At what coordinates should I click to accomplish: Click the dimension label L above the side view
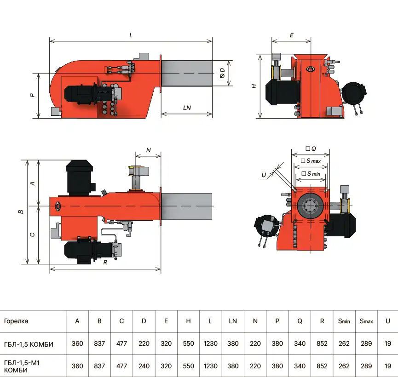pos(131,35)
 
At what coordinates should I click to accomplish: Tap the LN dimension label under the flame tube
pos(187,108)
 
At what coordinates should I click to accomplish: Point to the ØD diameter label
pos(222,73)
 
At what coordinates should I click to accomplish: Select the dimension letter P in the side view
pos(32,95)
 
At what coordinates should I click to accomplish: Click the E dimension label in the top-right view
pos(292,35)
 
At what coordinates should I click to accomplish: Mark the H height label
pos(254,86)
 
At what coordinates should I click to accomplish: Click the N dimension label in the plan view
pos(149,150)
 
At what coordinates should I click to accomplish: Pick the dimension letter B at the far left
pos(21,211)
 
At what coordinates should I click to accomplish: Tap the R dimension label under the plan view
pos(105,263)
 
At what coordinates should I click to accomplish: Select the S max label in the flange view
pos(311,161)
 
